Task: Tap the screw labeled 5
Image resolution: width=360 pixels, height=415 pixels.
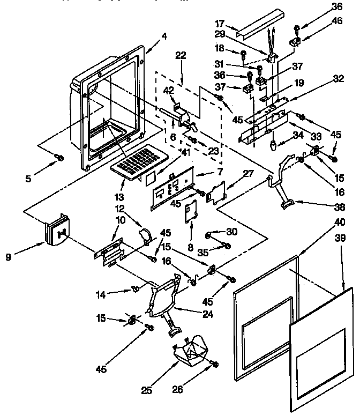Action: (x=61, y=157)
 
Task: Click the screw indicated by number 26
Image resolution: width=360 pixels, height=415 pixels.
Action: (x=215, y=364)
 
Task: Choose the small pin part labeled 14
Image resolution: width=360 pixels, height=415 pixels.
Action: (x=134, y=289)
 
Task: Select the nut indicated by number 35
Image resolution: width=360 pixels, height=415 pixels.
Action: (x=227, y=246)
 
